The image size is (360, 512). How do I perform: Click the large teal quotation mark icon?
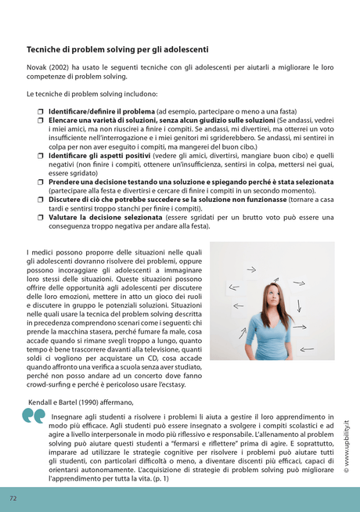click(x=34, y=416)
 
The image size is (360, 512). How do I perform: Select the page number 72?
click(x=13, y=497)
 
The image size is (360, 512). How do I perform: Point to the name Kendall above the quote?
click(x=41, y=401)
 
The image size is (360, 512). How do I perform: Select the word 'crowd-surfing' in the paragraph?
click(x=49, y=385)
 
